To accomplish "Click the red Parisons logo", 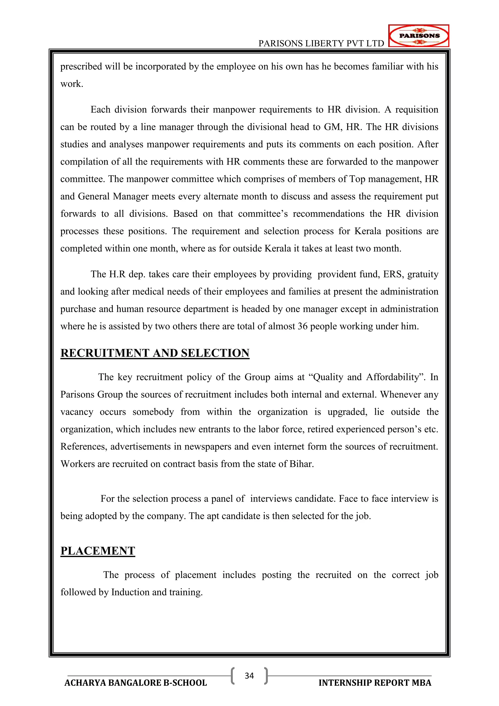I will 419,36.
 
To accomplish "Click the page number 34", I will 249,676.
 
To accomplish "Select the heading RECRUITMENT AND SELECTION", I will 155,353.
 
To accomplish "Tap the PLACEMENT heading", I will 98,551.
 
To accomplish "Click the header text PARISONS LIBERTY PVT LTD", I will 321,44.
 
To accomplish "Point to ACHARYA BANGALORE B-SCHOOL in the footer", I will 135,683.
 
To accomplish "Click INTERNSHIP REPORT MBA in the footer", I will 375,683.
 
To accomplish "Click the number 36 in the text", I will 302,326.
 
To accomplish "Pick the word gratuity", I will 423,274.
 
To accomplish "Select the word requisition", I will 417,110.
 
